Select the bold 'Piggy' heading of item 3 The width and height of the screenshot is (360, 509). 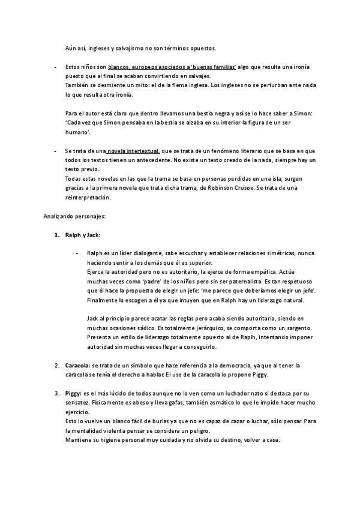click(72, 394)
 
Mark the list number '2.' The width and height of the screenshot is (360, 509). click(57, 366)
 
